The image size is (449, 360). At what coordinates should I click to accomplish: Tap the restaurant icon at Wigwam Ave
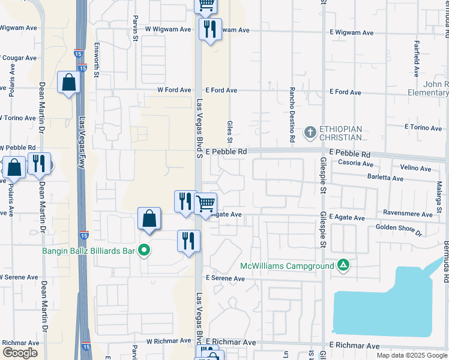pyautogui.click(x=209, y=28)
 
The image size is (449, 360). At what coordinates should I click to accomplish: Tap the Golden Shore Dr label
pyautogui.click(x=399, y=228)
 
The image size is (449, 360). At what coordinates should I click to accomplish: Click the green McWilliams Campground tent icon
pyautogui.click(x=343, y=265)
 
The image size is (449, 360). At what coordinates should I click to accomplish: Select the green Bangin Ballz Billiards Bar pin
pyautogui.click(x=143, y=250)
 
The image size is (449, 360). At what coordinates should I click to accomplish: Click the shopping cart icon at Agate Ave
pyautogui.click(x=206, y=203)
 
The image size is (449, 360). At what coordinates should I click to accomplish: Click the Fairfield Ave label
pyautogui.click(x=416, y=59)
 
